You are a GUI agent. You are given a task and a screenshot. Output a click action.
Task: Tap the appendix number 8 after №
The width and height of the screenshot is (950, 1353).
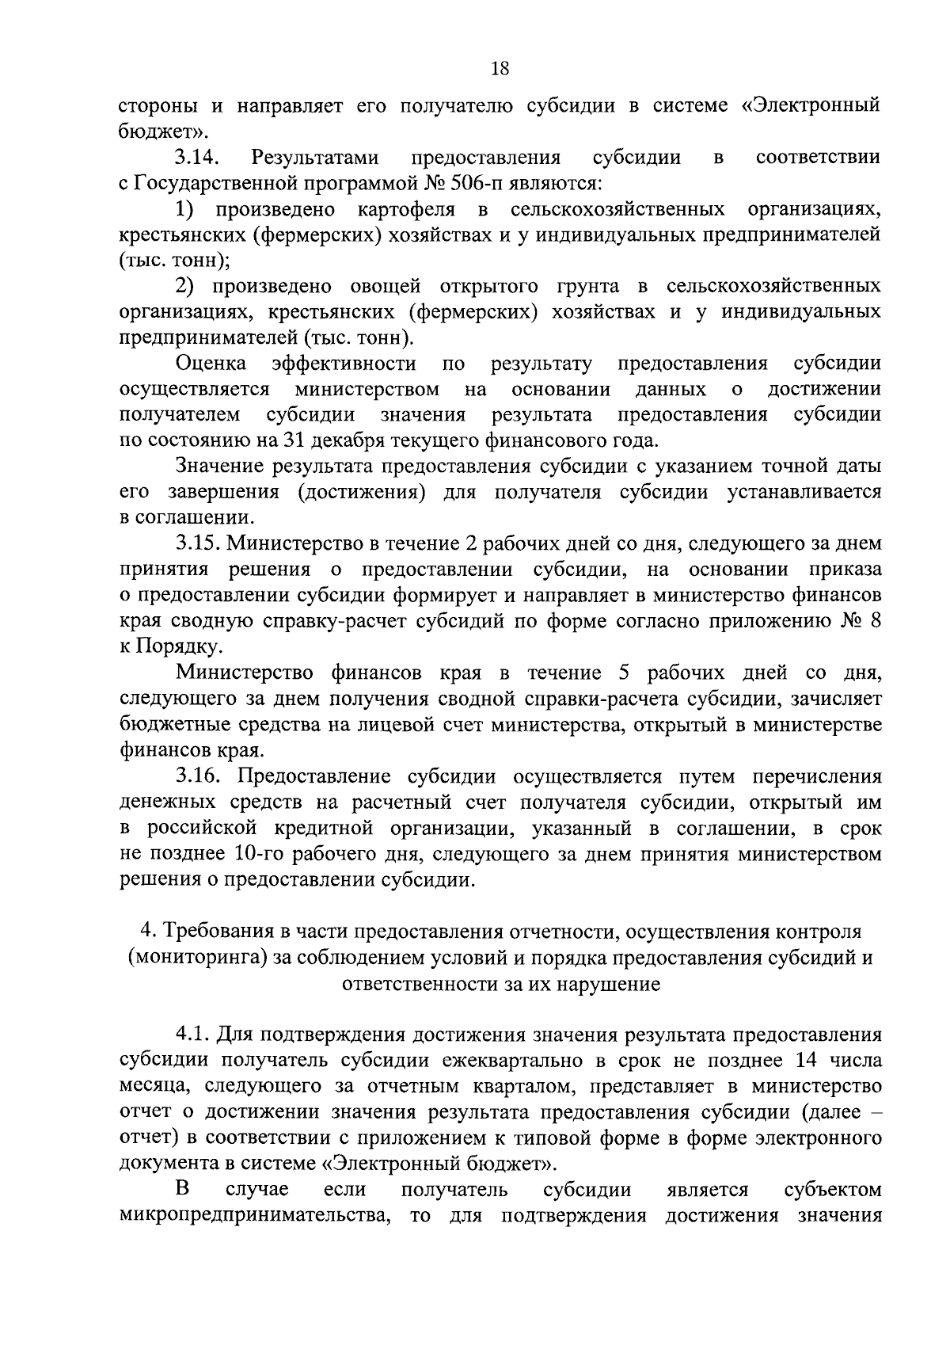(x=874, y=621)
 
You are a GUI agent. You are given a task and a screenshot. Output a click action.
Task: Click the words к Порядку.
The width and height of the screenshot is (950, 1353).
(x=169, y=647)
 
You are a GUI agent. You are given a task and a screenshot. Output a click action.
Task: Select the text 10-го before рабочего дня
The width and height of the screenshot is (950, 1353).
(x=260, y=854)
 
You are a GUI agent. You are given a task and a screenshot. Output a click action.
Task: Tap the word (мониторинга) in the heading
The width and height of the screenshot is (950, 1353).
(x=196, y=958)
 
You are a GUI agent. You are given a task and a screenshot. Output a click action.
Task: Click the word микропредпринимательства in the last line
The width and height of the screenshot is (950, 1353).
(x=254, y=1215)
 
